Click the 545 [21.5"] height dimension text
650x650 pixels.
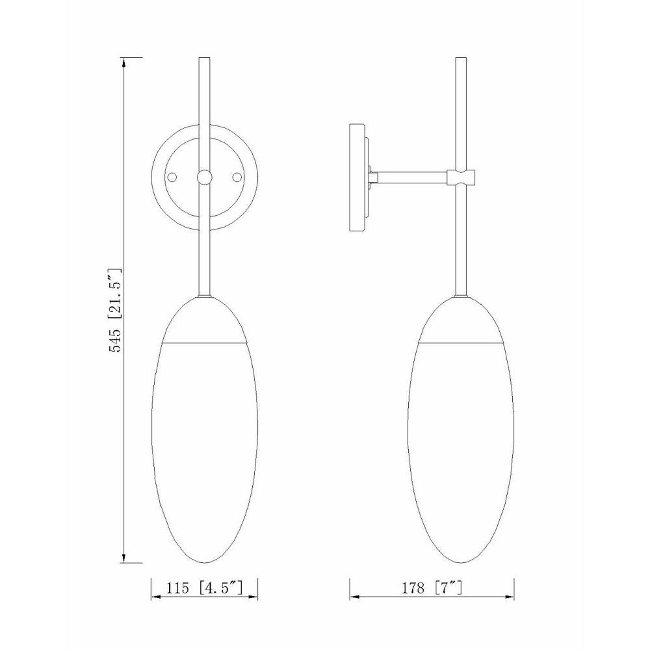[115, 310]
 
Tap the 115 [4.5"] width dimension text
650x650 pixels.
[204, 588]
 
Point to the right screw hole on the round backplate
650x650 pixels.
[237, 177]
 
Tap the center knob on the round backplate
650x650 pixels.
[204, 177]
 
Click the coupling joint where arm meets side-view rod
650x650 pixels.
[461, 177]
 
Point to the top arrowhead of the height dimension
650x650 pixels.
[123, 62]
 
